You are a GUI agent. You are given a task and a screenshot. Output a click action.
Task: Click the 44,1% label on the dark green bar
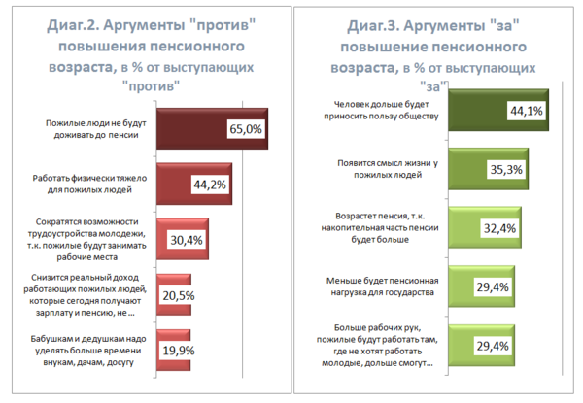coord(526,111)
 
